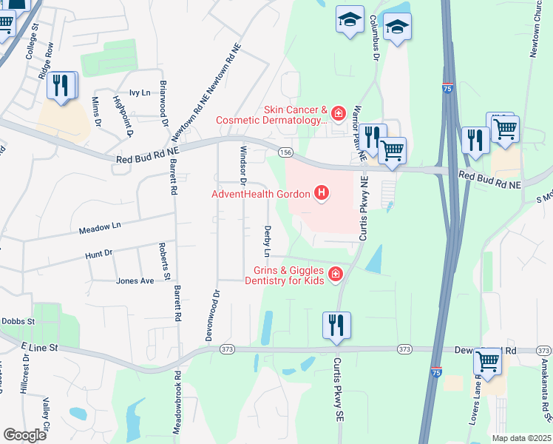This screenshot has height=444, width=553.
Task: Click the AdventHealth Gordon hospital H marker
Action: pos(322,195)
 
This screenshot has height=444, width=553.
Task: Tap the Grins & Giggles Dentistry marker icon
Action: pos(335,275)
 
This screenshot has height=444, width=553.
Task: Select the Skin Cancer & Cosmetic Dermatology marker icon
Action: pos(338,113)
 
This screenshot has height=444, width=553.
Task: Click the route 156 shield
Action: pos(285,152)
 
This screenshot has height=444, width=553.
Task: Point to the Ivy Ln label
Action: pos(139,92)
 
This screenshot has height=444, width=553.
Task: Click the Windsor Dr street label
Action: pos(242,164)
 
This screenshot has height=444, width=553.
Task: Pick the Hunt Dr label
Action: pos(98,254)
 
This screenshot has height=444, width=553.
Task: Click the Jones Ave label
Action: pos(135,281)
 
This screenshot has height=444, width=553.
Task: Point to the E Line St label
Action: pos(39,346)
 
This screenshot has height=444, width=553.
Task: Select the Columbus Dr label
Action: pos(374,36)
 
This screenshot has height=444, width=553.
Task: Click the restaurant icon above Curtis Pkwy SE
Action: pos(336,325)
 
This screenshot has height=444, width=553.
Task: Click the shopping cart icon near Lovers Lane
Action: pos(488,363)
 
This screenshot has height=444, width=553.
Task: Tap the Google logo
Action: pos(24,435)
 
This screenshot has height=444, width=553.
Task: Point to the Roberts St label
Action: pos(166,262)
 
